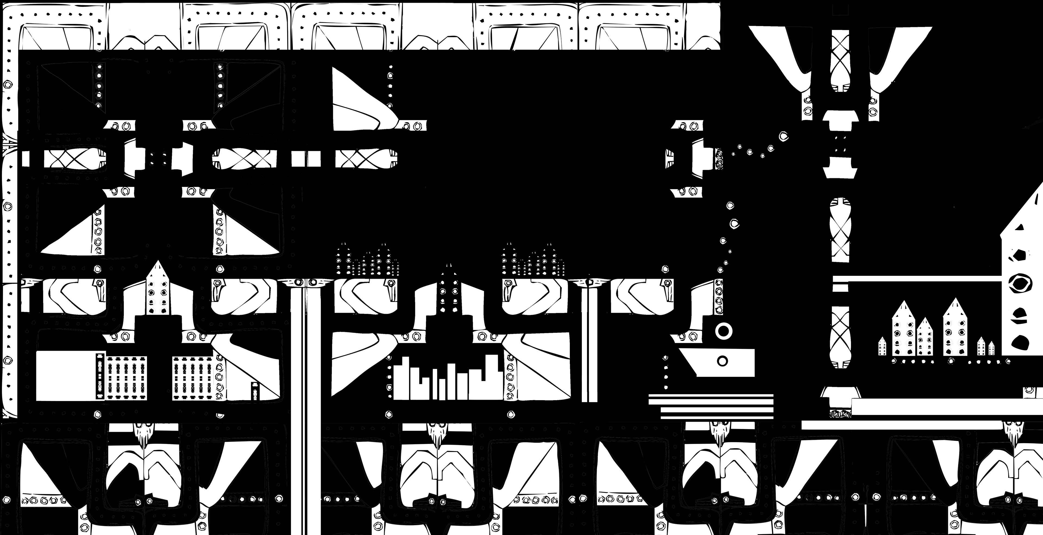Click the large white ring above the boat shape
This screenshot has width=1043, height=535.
(x=724, y=331)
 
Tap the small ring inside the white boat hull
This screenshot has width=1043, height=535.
(x=722, y=361)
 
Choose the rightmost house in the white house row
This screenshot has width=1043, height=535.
(x=991, y=348)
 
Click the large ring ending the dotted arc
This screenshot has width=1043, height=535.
(x=784, y=136)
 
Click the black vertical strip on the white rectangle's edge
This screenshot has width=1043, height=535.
(x=99, y=376)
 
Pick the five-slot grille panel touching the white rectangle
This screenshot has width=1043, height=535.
(x=126, y=378)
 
